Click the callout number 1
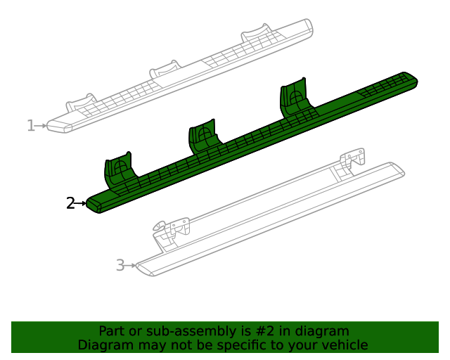tap(30, 126)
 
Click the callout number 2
tap(70, 203)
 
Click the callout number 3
tap(120, 265)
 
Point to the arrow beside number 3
tap(131, 266)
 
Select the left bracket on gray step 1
tap(82, 103)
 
